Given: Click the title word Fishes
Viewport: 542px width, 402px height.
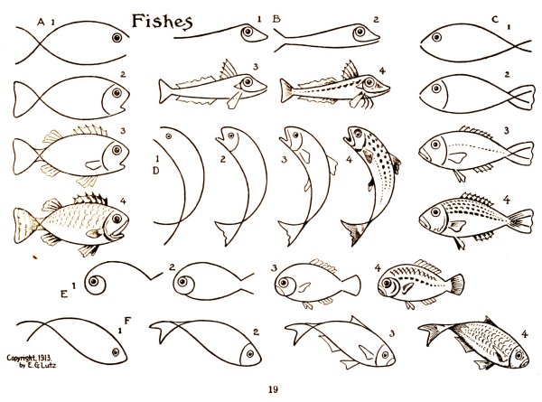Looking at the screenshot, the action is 162,21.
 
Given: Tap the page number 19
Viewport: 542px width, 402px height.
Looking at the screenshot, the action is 273,389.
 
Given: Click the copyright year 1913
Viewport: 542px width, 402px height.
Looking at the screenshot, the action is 44,358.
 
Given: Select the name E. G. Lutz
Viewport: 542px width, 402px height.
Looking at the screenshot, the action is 42,365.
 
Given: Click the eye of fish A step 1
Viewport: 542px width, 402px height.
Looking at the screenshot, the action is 117,37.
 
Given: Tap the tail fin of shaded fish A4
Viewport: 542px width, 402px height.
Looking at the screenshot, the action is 25,225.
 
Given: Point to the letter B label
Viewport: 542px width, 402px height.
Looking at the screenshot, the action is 276,19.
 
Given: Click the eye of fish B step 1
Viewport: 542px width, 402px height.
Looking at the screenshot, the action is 248,32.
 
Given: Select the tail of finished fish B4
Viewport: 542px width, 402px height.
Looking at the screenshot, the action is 286,90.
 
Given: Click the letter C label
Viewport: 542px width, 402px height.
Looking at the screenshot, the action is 495,19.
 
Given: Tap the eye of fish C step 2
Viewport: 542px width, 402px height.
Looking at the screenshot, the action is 436,89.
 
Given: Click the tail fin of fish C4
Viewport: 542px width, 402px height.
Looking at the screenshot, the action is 521,221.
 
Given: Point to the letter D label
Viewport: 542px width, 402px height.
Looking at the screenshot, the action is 156,171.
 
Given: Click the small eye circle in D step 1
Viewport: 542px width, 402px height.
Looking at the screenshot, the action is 169,136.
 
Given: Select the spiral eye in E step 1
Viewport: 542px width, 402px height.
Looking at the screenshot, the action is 94,282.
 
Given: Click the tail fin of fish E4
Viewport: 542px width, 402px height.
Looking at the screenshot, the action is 456,285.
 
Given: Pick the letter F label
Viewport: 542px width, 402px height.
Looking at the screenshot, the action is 127,321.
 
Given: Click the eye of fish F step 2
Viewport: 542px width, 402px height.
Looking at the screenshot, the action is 249,353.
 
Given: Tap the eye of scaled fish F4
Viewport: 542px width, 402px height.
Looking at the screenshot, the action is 519,355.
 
